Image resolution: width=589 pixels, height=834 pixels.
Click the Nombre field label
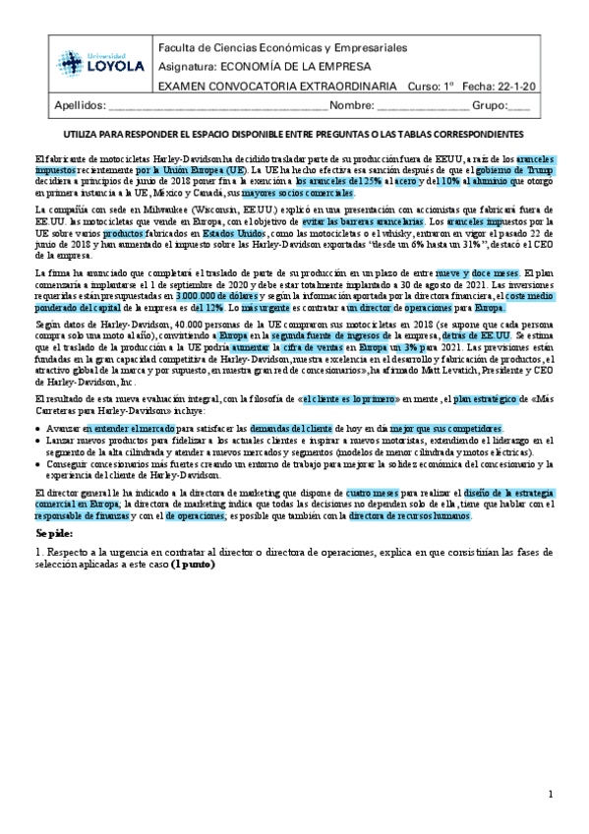351,106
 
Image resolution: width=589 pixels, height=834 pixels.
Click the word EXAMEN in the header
185,86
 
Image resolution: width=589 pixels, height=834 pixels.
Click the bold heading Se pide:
55,532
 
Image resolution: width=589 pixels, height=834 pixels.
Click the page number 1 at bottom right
552,793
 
